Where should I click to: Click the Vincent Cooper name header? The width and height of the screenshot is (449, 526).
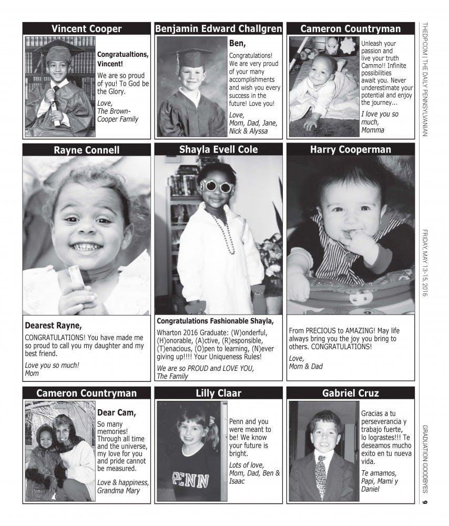[x=86, y=29]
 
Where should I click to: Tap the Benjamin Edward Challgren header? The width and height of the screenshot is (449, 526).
[x=218, y=29]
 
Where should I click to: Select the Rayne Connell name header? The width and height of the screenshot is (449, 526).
[x=86, y=150]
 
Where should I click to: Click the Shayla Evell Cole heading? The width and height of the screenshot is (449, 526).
[x=218, y=149]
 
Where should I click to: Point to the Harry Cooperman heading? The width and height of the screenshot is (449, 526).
[x=350, y=149]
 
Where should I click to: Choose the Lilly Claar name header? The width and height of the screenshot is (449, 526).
[x=218, y=393]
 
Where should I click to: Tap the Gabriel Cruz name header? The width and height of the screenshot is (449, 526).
[x=350, y=393]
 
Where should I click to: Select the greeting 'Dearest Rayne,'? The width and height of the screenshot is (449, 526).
[x=54, y=325]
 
